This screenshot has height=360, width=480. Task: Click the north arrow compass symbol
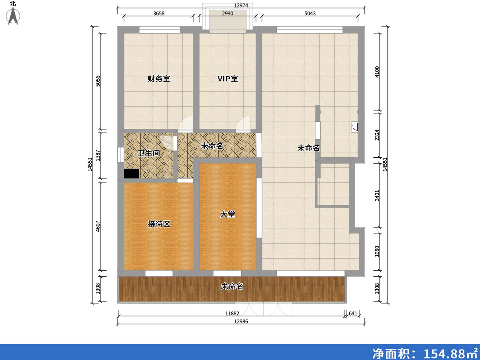(x=13, y=16)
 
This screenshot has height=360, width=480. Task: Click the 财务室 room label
(x=159, y=79)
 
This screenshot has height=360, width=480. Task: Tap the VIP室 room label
(x=228, y=79)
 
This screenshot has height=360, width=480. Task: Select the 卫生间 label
(x=149, y=153)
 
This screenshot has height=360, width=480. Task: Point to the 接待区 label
(x=159, y=224)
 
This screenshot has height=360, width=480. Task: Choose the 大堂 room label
(x=228, y=214)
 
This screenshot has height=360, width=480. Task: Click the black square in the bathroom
(x=132, y=174)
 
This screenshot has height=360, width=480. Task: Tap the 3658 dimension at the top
(x=159, y=13)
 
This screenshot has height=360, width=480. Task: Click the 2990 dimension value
(x=228, y=13)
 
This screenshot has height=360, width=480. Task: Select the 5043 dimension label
(x=310, y=13)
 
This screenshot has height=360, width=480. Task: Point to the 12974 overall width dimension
(x=241, y=5)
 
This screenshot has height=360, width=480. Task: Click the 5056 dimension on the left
(x=98, y=81)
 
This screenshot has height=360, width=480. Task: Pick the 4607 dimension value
(x=98, y=226)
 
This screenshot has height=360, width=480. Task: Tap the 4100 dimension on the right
(x=377, y=72)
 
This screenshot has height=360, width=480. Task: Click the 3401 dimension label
(x=377, y=196)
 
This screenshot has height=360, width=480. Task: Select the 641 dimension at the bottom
(x=353, y=314)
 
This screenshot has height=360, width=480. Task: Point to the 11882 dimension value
(x=232, y=314)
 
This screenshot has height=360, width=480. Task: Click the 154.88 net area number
(x=444, y=354)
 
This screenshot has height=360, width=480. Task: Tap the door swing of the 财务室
(x=186, y=124)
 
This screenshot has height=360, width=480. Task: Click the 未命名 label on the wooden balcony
(x=232, y=286)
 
